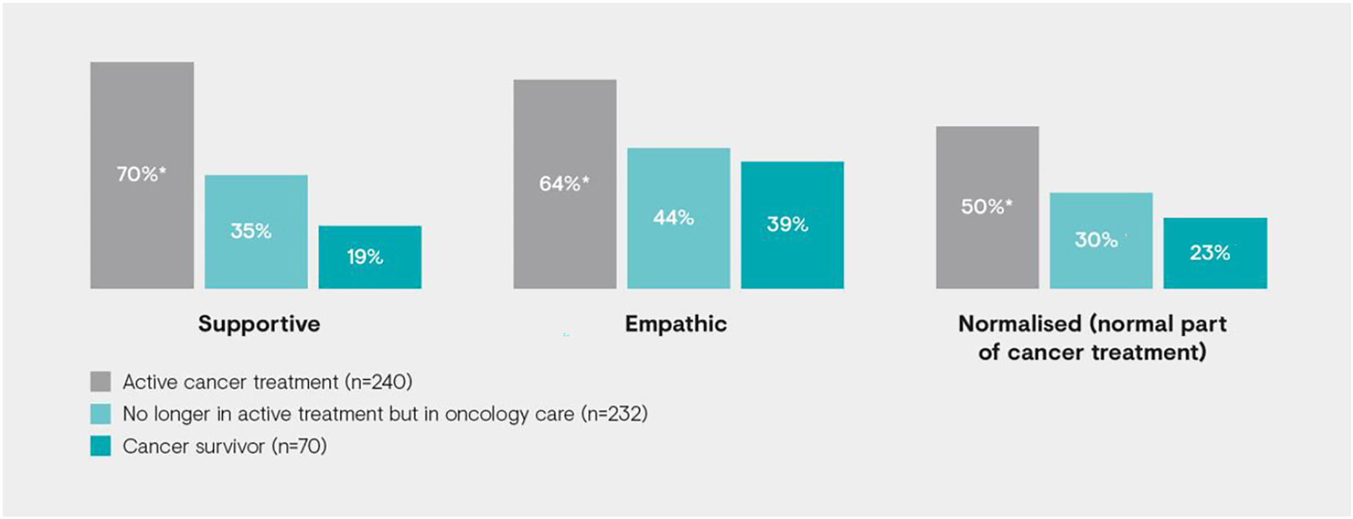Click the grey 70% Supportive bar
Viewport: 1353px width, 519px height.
click(142, 175)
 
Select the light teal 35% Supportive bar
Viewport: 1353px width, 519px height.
click(256, 232)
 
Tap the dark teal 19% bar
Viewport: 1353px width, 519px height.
click(370, 257)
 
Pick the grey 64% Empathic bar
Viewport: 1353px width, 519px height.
click(565, 184)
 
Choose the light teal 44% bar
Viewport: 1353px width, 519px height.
click(679, 218)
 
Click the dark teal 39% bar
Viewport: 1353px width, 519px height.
click(793, 225)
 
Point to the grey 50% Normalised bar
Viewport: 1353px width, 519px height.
click(987, 207)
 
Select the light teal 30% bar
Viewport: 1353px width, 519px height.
click(1101, 240)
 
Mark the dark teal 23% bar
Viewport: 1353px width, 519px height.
click(1216, 253)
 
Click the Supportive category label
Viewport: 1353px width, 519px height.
click(259, 324)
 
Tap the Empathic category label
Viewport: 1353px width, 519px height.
click(676, 324)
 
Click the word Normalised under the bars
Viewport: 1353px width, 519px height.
click(1020, 324)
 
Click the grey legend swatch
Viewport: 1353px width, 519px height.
click(100, 382)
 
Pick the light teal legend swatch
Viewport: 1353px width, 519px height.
click(100, 414)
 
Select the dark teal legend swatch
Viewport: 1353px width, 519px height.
click(100, 446)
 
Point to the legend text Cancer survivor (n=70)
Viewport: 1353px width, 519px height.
click(225, 446)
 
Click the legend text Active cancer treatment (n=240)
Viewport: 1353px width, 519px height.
click(268, 382)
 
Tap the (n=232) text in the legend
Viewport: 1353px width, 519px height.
click(614, 414)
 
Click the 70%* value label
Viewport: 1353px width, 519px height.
click(141, 174)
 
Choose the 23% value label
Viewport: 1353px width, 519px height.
click(1210, 253)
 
